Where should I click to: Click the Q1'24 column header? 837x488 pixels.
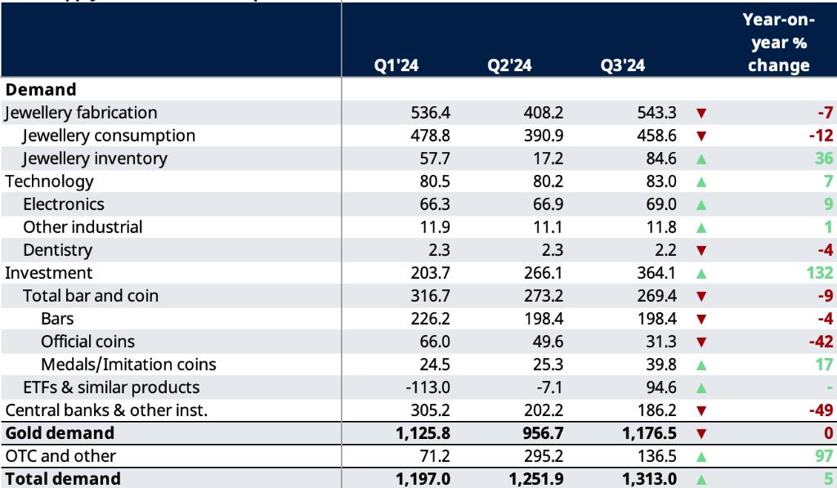pos(396,66)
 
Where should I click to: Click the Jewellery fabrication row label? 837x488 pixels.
pos(81,112)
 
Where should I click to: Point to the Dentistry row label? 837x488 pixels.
pos(57,249)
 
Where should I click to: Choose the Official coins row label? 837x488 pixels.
pos(87,341)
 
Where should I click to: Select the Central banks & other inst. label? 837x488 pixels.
pos(105,410)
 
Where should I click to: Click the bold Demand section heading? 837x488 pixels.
pos(40,89)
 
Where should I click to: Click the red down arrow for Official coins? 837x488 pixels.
pos(700,342)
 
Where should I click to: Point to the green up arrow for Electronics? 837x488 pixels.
pos(700,204)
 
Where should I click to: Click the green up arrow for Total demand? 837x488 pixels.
pos(700,479)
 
